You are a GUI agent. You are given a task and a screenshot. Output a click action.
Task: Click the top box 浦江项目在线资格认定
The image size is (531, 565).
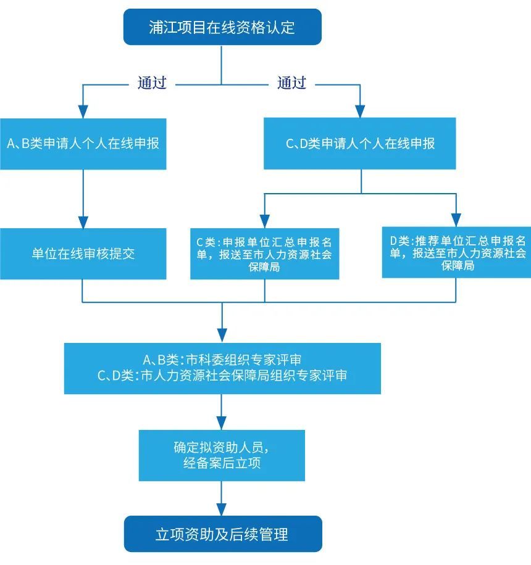tap(222, 27)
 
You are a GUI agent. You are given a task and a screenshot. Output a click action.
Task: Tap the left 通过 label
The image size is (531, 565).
tap(152, 83)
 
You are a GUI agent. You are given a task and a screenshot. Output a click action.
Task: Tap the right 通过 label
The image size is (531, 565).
tap(291, 83)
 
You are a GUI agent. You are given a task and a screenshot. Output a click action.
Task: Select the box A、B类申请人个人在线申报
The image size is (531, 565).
tap(83, 144)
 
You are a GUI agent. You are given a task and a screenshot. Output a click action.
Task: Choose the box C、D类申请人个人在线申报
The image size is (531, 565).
tap(360, 144)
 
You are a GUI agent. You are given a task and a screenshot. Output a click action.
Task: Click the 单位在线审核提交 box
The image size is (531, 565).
tap(83, 254)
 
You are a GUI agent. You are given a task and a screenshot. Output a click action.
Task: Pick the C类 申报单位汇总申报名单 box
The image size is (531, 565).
tap(264, 254)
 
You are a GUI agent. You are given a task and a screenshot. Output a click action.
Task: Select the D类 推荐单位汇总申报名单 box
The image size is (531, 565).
tap(457, 253)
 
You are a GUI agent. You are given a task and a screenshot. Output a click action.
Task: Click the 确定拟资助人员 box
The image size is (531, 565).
tap(222, 455)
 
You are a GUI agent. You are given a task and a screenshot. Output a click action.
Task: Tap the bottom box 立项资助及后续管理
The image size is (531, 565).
tap(222, 534)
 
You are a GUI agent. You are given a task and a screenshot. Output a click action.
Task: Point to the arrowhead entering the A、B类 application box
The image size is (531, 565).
tap(83, 111)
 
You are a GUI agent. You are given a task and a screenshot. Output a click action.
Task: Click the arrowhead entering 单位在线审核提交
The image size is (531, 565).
tap(83, 222)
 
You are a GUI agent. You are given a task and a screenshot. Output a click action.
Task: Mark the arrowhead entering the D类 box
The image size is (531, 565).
tap(456, 220)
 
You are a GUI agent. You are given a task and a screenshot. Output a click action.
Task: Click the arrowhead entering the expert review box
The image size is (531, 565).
tap(222, 337)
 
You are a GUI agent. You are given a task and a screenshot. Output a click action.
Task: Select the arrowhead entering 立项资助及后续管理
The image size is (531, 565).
tap(222, 509)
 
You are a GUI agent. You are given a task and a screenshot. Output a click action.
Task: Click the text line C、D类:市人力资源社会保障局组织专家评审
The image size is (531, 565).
tap(222, 376)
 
